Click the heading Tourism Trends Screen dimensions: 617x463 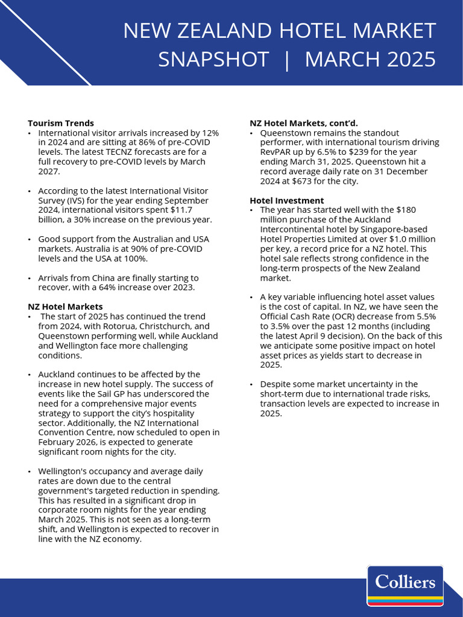coord(61,123)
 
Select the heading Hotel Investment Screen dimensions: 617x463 coord(287,200)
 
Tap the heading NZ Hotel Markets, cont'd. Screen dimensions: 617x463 coord(304,123)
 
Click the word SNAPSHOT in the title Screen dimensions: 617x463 coord(213,59)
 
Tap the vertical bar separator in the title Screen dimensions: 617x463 coord(287,59)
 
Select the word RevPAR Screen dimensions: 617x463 coord(275,152)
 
